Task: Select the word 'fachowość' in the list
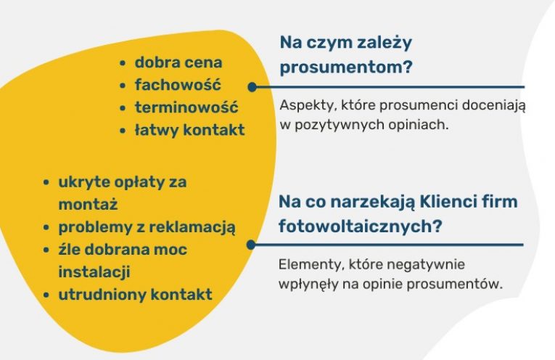point(178,85)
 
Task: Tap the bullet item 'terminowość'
point(186,107)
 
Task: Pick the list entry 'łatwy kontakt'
point(190,130)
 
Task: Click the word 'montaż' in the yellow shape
point(88,204)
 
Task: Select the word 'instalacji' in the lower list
point(94,272)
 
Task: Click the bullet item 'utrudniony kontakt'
point(135,295)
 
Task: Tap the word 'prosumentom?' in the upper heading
point(346,67)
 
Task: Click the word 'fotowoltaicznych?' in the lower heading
point(361,226)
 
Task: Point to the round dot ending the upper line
point(252,87)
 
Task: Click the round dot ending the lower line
point(251,245)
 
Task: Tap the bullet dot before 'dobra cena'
point(123,63)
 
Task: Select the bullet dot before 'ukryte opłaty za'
point(46,183)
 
